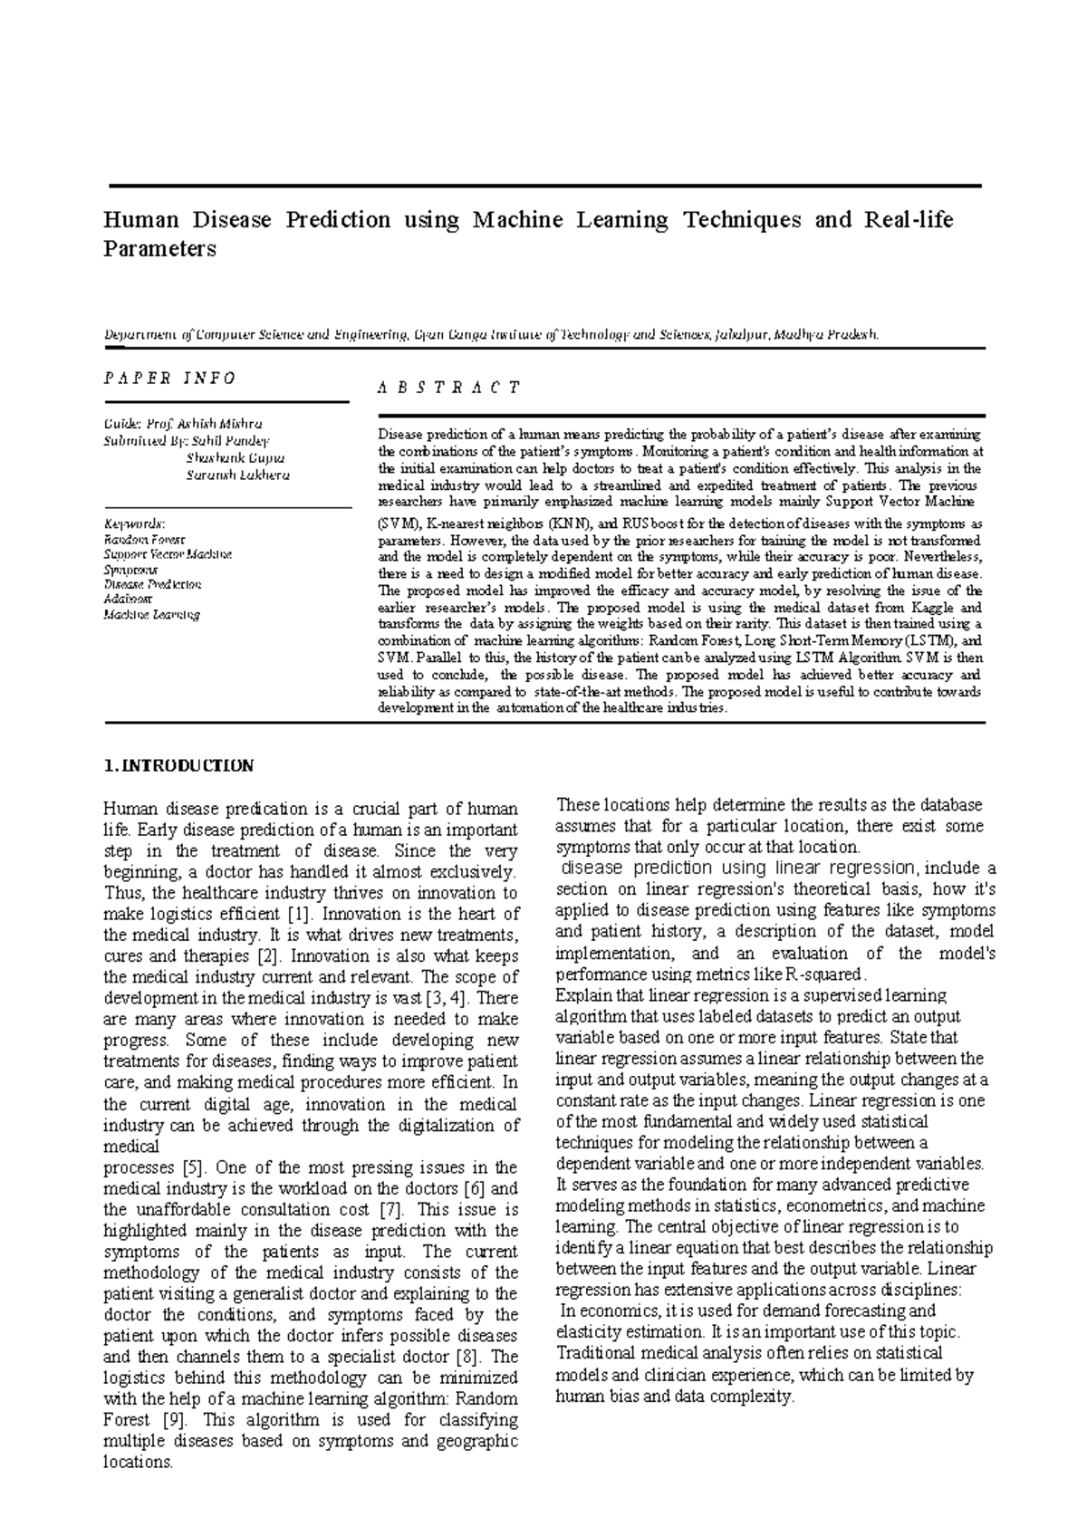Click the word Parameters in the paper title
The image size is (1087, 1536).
click(160, 250)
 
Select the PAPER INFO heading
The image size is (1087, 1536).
click(169, 379)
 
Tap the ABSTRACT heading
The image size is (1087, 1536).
click(448, 388)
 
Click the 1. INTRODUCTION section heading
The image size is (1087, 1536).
click(179, 766)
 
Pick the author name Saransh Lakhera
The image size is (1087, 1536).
click(237, 475)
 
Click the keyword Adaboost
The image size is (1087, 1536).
click(129, 600)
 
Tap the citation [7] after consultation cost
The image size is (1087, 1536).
click(390, 1210)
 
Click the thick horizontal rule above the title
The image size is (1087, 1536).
click(544, 186)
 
